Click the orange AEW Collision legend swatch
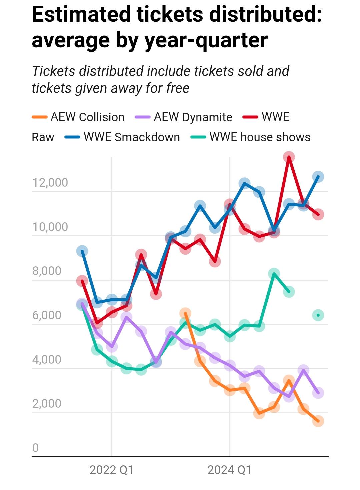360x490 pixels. [x=39, y=117]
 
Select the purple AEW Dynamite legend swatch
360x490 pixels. [x=143, y=117]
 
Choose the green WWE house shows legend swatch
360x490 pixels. [x=198, y=137]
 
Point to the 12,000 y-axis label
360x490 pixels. [x=50, y=183]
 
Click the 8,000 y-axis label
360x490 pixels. [x=47, y=271]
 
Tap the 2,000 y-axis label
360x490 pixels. [x=47, y=404]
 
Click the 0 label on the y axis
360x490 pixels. [x=35, y=448]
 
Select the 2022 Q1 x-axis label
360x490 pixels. [x=111, y=470]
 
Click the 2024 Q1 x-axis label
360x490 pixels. [x=229, y=470]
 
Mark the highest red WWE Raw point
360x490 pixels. [x=289, y=157]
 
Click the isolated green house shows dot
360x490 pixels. [x=318, y=315]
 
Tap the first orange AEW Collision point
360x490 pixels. [x=185, y=313]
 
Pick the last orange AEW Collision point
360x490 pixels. [x=318, y=421]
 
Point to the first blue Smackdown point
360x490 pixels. [x=82, y=251]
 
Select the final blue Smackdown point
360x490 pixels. [x=318, y=177]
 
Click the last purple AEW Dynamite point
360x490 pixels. [x=318, y=393]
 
